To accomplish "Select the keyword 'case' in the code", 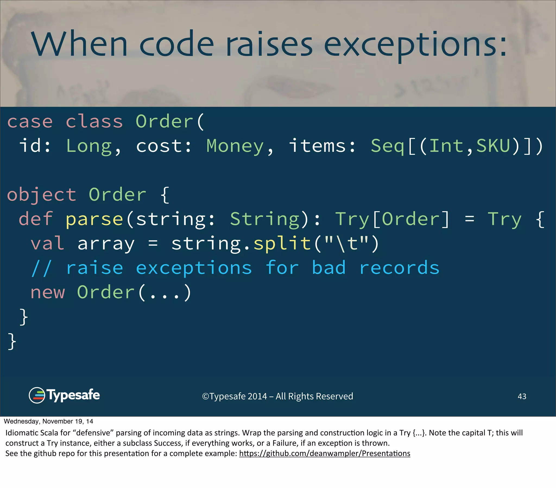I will (x=30, y=121).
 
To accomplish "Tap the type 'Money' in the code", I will (x=235, y=146).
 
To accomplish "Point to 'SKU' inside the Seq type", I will (x=493, y=146).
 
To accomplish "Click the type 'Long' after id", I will (x=89, y=146).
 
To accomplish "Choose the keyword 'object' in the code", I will (x=42, y=195).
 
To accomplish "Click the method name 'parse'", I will (x=94, y=219).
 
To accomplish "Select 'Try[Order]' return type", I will (x=392, y=219).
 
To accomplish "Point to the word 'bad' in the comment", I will (x=328, y=268).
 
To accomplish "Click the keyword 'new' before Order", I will (x=48, y=292).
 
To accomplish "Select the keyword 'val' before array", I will (x=48, y=243).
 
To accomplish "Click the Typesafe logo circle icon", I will (x=37, y=395).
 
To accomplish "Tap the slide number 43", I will (x=522, y=396).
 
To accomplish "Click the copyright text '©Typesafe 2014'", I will (x=235, y=396).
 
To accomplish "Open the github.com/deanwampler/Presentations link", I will (x=324, y=454).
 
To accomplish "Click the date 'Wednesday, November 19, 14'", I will (x=48, y=421).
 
